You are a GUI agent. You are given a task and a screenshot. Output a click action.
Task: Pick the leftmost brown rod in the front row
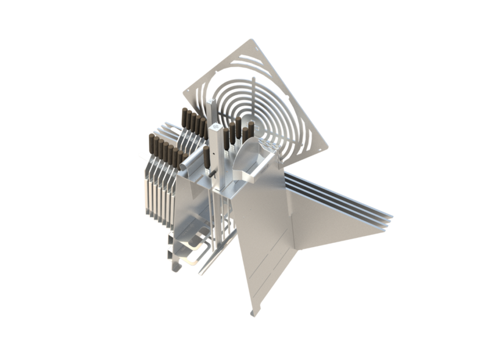[151, 146]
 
